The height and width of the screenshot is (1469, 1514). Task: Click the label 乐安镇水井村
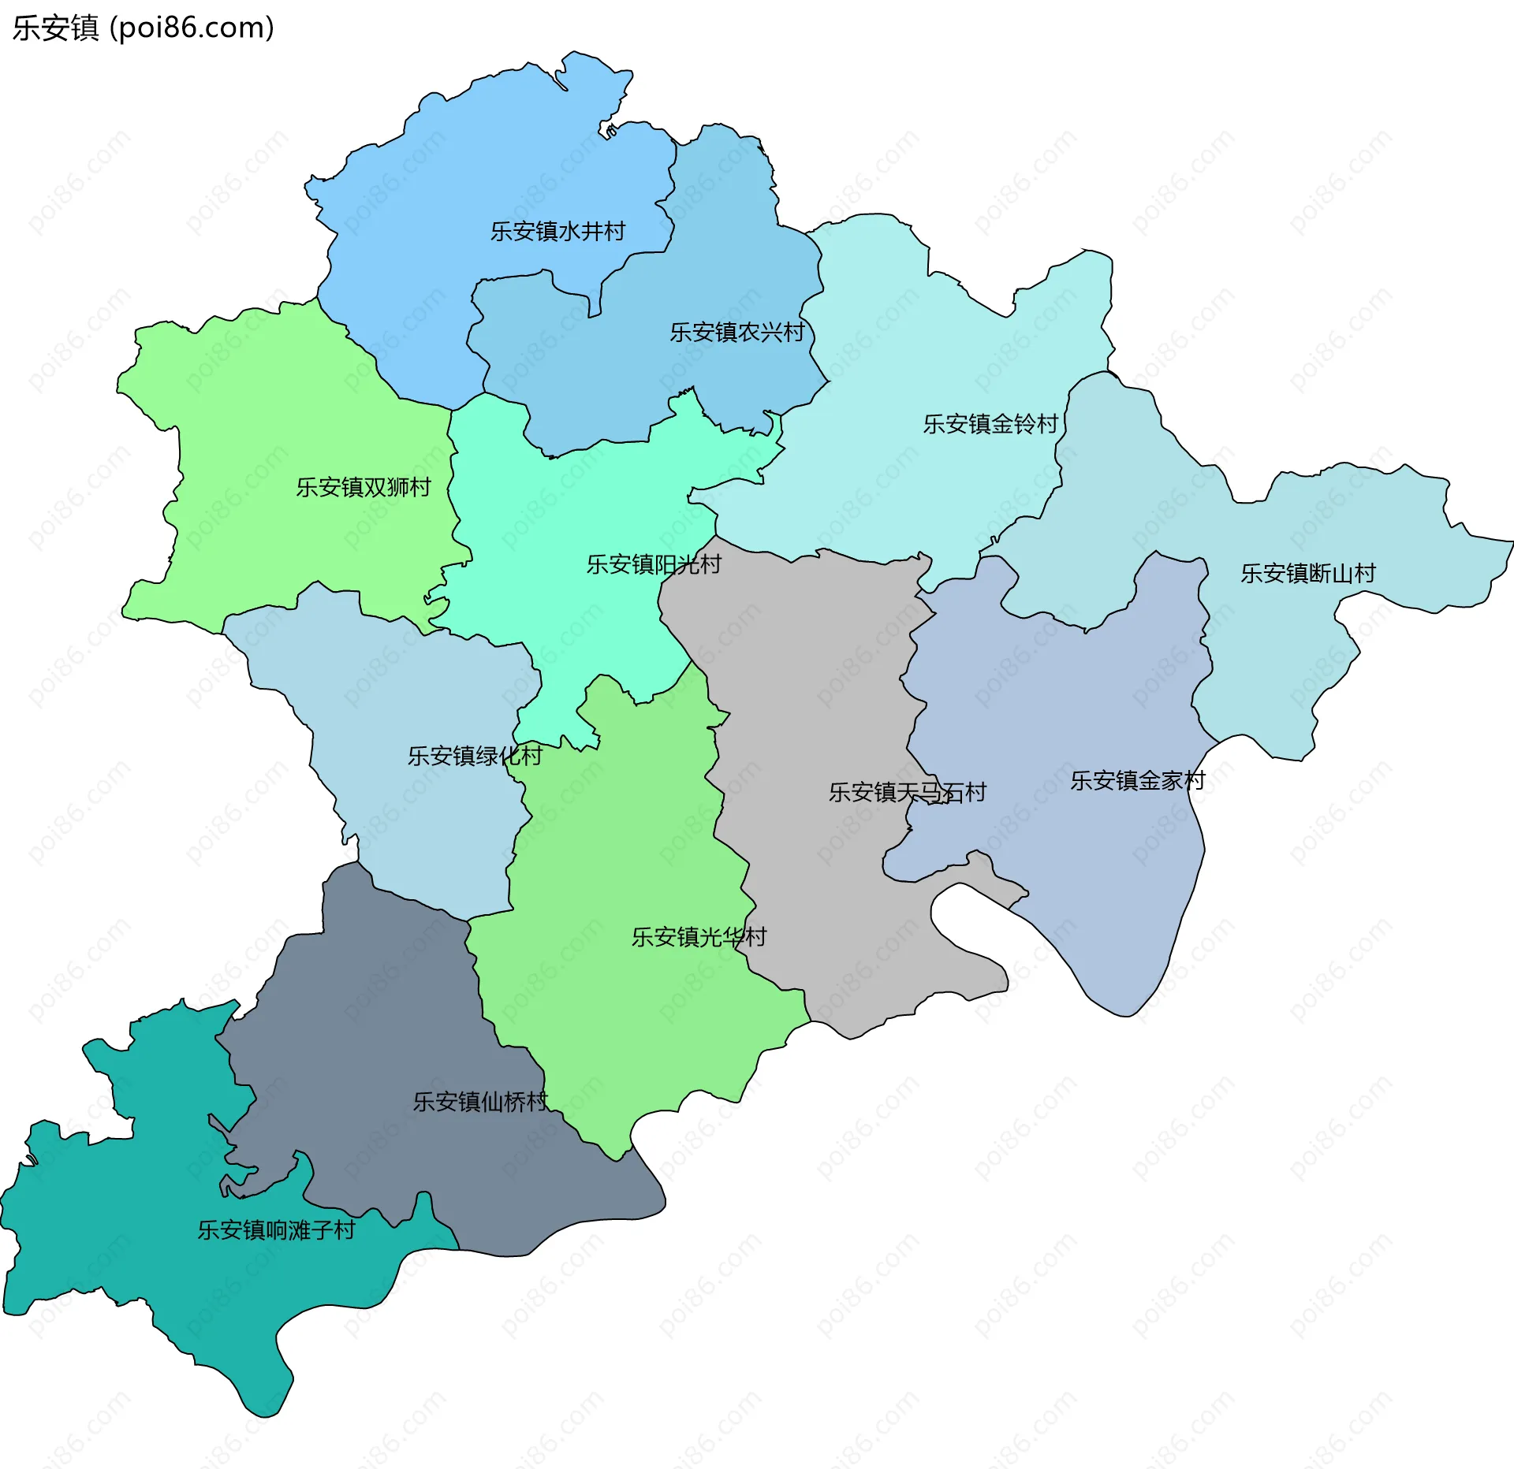[x=557, y=231]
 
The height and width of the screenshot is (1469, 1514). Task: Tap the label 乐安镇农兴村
[x=736, y=332]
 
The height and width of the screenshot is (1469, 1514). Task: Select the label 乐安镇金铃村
[x=990, y=424]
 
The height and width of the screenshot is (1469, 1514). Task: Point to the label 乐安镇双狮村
[x=364, y=487]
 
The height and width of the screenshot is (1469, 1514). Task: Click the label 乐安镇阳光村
[x=653, y=564]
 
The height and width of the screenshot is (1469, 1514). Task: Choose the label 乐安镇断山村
[x=1307, y=573]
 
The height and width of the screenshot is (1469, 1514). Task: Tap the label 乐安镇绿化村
[x=475, y=756]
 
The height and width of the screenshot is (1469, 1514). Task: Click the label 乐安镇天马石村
[x=907, y=792]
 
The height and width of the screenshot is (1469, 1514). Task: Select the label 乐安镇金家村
[x=1137, y=780]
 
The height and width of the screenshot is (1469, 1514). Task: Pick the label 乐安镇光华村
[x=699, y=937]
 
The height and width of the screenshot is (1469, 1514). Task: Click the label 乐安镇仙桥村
[x=479, y=1102]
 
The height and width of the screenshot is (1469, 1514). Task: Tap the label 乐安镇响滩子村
[x=276, y=1230]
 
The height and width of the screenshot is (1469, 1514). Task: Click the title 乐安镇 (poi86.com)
[x=143, y=28]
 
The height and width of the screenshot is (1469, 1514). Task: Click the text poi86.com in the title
[x=192, y=28]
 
